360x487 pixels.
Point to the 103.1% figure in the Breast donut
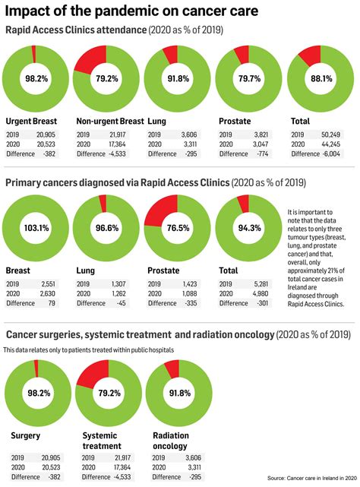tap(35, 227)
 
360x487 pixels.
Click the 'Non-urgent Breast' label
tap(110, 121)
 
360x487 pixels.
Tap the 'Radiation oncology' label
tap(172, 441)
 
